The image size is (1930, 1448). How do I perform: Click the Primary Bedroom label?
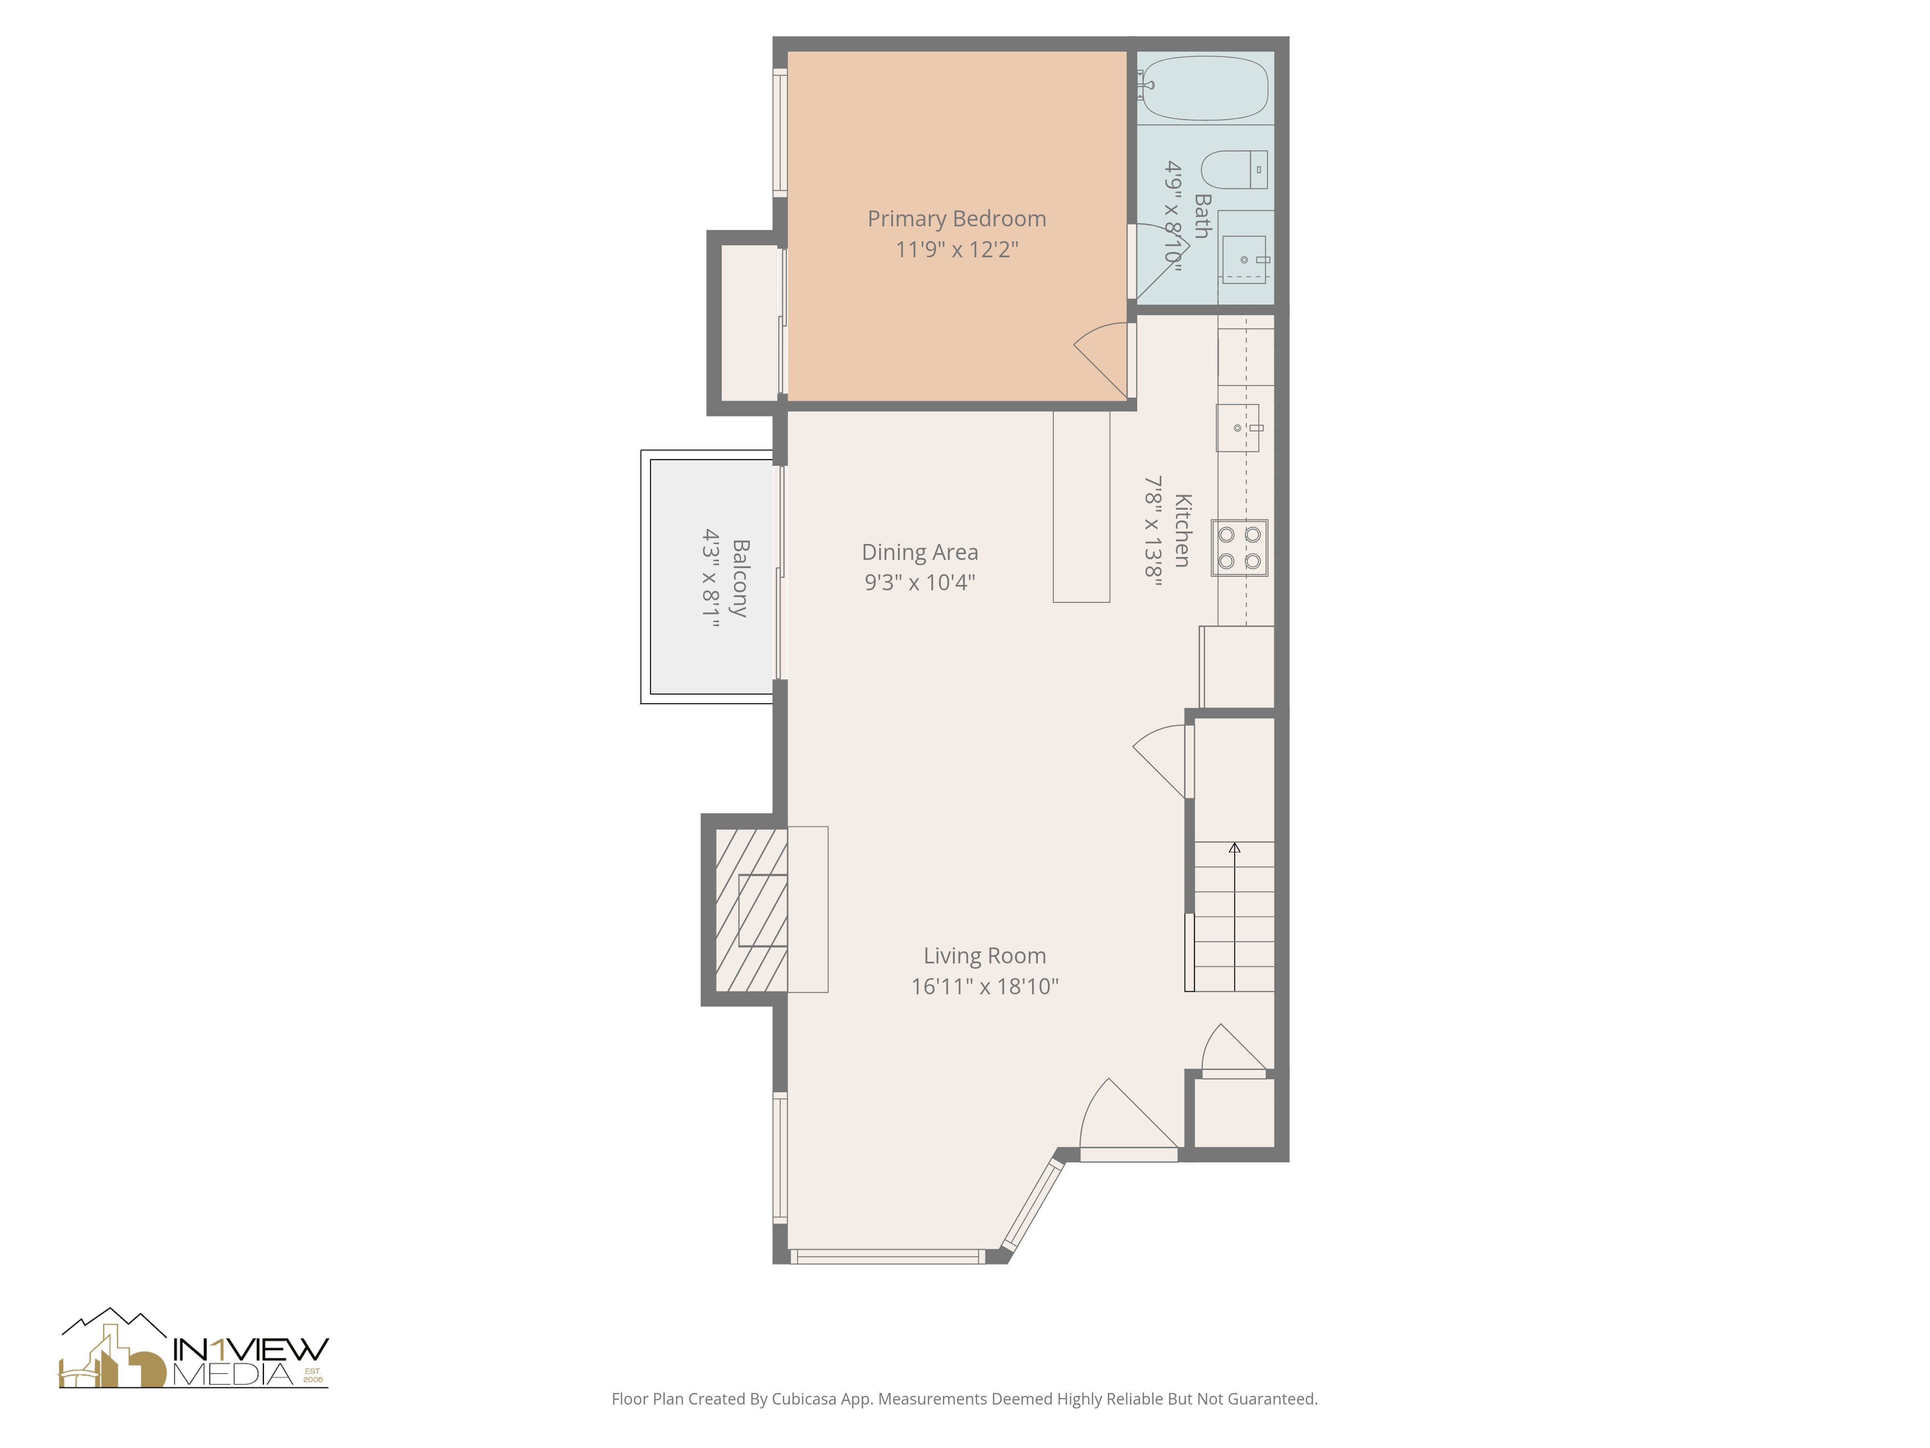[956, 219]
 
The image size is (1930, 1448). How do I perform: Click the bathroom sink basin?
[1243, 259]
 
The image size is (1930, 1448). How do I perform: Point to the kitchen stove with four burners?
[1239, 547]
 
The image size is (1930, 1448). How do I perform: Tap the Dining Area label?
[920, 553]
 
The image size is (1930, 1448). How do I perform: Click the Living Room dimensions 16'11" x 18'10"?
[984, 986]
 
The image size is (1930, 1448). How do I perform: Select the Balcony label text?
[740, 578]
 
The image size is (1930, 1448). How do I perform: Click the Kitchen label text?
[1182, 530]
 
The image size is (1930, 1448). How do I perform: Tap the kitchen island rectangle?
[1081, 506]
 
